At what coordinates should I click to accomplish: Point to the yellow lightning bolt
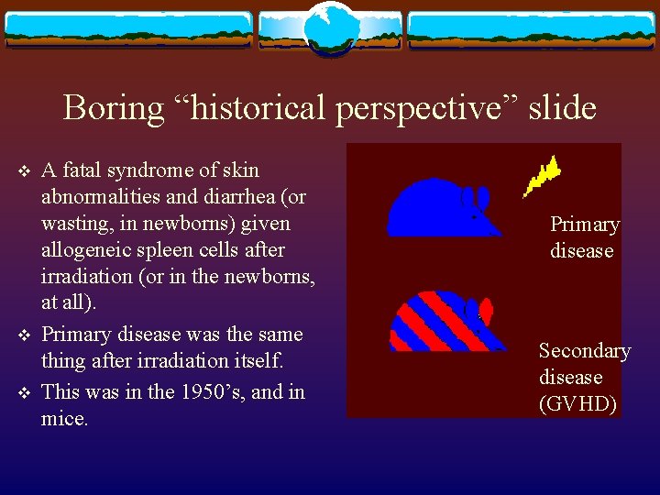542,176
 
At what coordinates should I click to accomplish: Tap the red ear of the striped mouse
486,311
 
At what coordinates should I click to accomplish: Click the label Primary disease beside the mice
584,237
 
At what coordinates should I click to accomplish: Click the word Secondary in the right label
584,350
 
